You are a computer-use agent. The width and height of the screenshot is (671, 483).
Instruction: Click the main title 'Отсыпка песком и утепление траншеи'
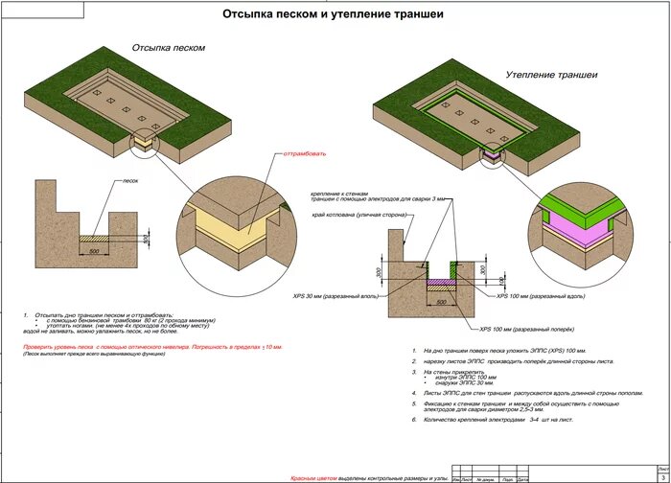tap(334, 14)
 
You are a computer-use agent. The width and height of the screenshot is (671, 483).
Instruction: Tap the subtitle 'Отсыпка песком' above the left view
tap(168, 47)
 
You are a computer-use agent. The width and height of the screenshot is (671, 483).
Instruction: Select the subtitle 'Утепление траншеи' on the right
tap(551, 74)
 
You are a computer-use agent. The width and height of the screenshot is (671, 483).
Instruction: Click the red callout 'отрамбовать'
tap(305, 152)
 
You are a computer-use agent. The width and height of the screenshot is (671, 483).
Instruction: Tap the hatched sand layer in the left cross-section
tap(95, 240)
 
